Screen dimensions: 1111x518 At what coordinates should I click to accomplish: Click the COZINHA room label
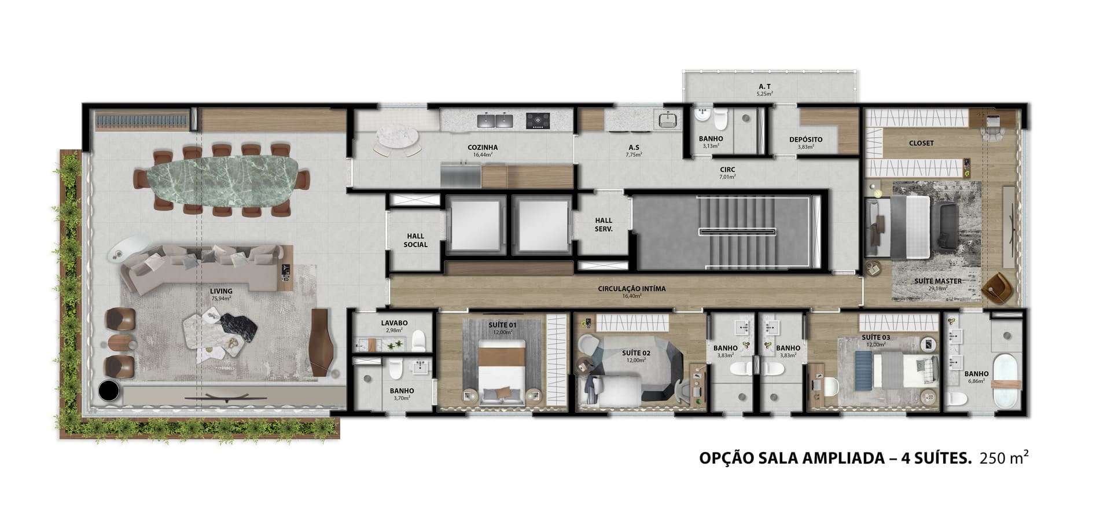pos(483,148)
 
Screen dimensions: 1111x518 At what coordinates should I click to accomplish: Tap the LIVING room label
pos(221,291)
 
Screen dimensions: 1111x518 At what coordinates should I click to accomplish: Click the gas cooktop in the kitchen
pos(538,120)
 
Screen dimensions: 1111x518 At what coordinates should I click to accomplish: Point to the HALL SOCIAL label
pos(415,240)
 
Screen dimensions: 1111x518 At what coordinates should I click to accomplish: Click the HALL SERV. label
pos(604,225)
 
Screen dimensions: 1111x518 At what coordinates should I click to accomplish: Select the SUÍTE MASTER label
pos(938,281)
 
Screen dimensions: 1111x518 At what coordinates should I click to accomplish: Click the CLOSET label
pos(921,143)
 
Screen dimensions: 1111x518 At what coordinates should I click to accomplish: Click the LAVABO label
pos(394,323)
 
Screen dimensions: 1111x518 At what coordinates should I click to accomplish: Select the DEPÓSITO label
pos(805,139)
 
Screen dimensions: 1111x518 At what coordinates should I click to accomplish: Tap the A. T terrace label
pos(764,87)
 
